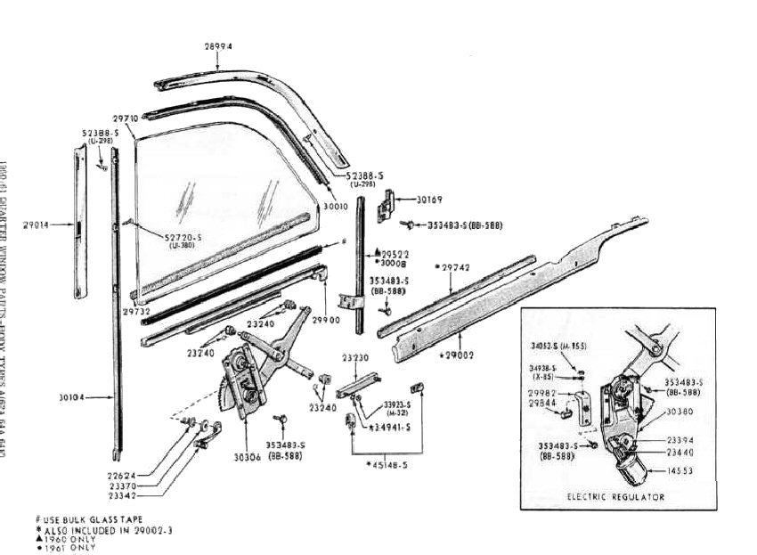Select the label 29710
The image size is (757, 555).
click(126, 118)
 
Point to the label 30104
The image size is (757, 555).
click(72, 398)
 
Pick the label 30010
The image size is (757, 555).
click(335, 207)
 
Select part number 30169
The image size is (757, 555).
click(429, 200)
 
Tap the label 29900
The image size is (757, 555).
click(327, 318)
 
